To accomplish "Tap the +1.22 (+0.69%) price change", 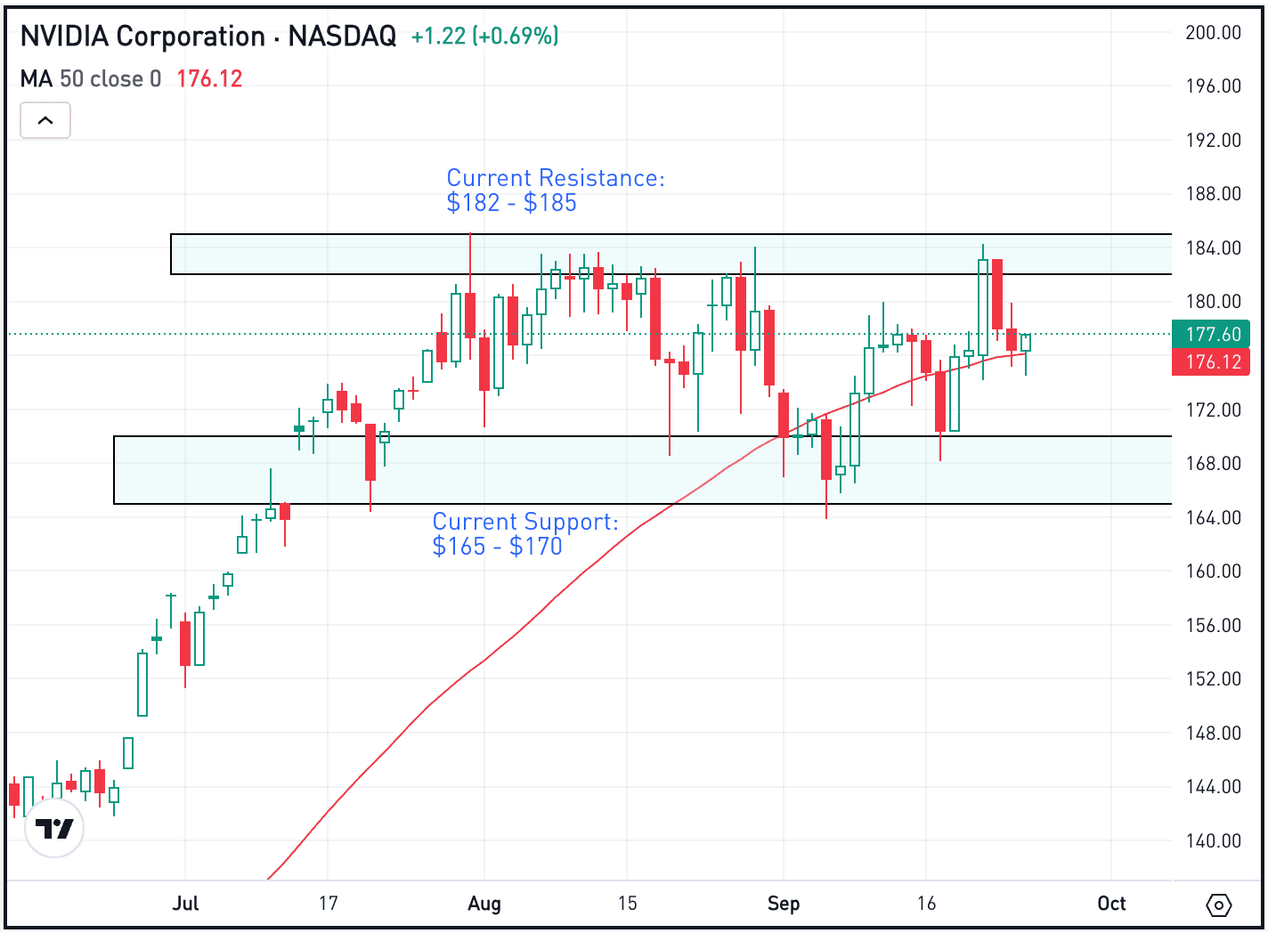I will pyautogui.click(x=484, y=37).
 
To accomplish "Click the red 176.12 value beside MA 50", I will pyautogui.click(x=209, y=79).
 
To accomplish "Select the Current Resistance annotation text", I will pyautogui.click(x=555, y=191).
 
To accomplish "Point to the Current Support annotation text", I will pyautogui.click(x=524, y=534).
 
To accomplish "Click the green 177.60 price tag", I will pyautogui.click(x=1212, y=335).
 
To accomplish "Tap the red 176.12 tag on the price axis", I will pyautogui.click(x=1212, y=362).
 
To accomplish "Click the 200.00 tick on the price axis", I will pyautogui.click(x=1213, y=33).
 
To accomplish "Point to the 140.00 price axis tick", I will pyautogui.click(x=1213, y=841).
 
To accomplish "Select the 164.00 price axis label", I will pyautogui.click(x=1213, y=518).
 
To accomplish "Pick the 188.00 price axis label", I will pyautogui.click(x=1213, y=194).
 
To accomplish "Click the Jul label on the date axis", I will pyautogui.click(x=185, y=904).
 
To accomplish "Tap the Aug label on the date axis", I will pyautogui.click(x=484, y=904).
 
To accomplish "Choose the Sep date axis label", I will pyautogui.click(x=784, y=904).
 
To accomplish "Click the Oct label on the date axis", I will pyautogui.click(x=1111, y=904).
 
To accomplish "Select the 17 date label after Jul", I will pyautogui.click(x=329, y=904).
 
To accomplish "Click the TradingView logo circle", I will pyautogui.click(x=54, y=829).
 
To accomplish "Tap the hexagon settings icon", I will pyautogui.click(x=1219, y=905).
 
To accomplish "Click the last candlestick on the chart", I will pyautogui.click(x=1026, y=343).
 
